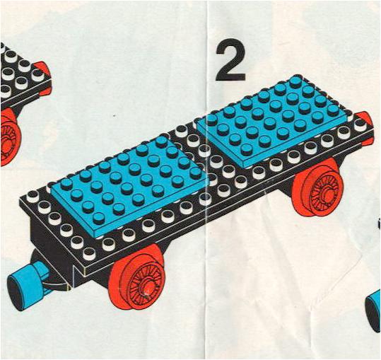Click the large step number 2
pyautogui.click(x=230, y=60)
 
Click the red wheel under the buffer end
pyautogui.click(x=318, y=187)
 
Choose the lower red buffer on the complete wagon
pyautogui.click(x=369, y=141)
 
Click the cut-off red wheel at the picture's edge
pyautogui.click(x=10, y=137)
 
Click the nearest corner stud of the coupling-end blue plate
pyautogui.click(x=98, y=218)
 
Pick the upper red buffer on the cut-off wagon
pyautogui.click(x=42, y=66)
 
